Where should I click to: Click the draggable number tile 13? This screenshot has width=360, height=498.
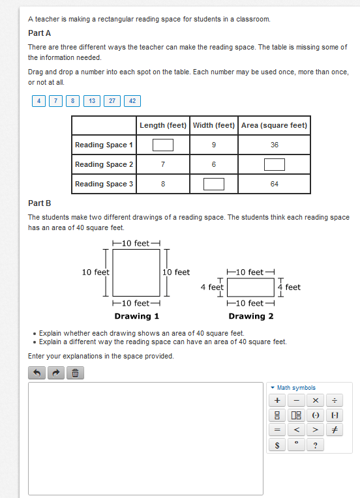point(92,101)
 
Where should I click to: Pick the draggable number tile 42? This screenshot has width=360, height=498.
point(132,101)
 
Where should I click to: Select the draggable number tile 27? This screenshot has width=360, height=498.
point(112,101)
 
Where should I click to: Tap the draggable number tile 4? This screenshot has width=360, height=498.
point(38,101)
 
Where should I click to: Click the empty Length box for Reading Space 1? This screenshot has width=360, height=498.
point(163,145)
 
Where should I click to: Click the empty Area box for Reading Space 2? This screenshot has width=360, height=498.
point(275,164)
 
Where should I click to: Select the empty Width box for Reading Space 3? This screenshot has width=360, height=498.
point(214,184)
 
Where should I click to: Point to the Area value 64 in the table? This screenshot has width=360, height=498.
point(275,184)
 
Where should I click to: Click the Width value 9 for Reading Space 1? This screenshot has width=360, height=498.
point(214,145)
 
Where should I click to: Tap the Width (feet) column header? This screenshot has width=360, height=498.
point(214,125)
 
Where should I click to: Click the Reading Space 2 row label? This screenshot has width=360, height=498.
point(104,164)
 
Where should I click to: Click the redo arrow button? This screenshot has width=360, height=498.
point(56,373)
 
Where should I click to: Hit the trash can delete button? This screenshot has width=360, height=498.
point(75,373)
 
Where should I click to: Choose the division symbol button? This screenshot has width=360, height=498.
point(335,400)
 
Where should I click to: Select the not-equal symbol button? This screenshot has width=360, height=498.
point(335,430)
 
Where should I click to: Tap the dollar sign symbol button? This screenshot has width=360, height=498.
point(277,445)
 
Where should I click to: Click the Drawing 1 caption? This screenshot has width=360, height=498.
point(136,316)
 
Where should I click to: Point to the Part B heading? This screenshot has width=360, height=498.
point(39,203)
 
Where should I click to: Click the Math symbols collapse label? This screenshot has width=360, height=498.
point(293,388)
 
